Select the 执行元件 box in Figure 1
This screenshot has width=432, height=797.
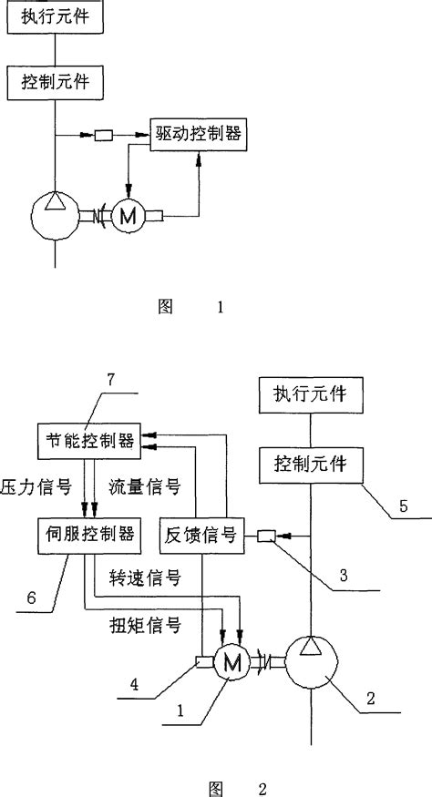point(56,17)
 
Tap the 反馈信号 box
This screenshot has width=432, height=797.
point(199,535)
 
